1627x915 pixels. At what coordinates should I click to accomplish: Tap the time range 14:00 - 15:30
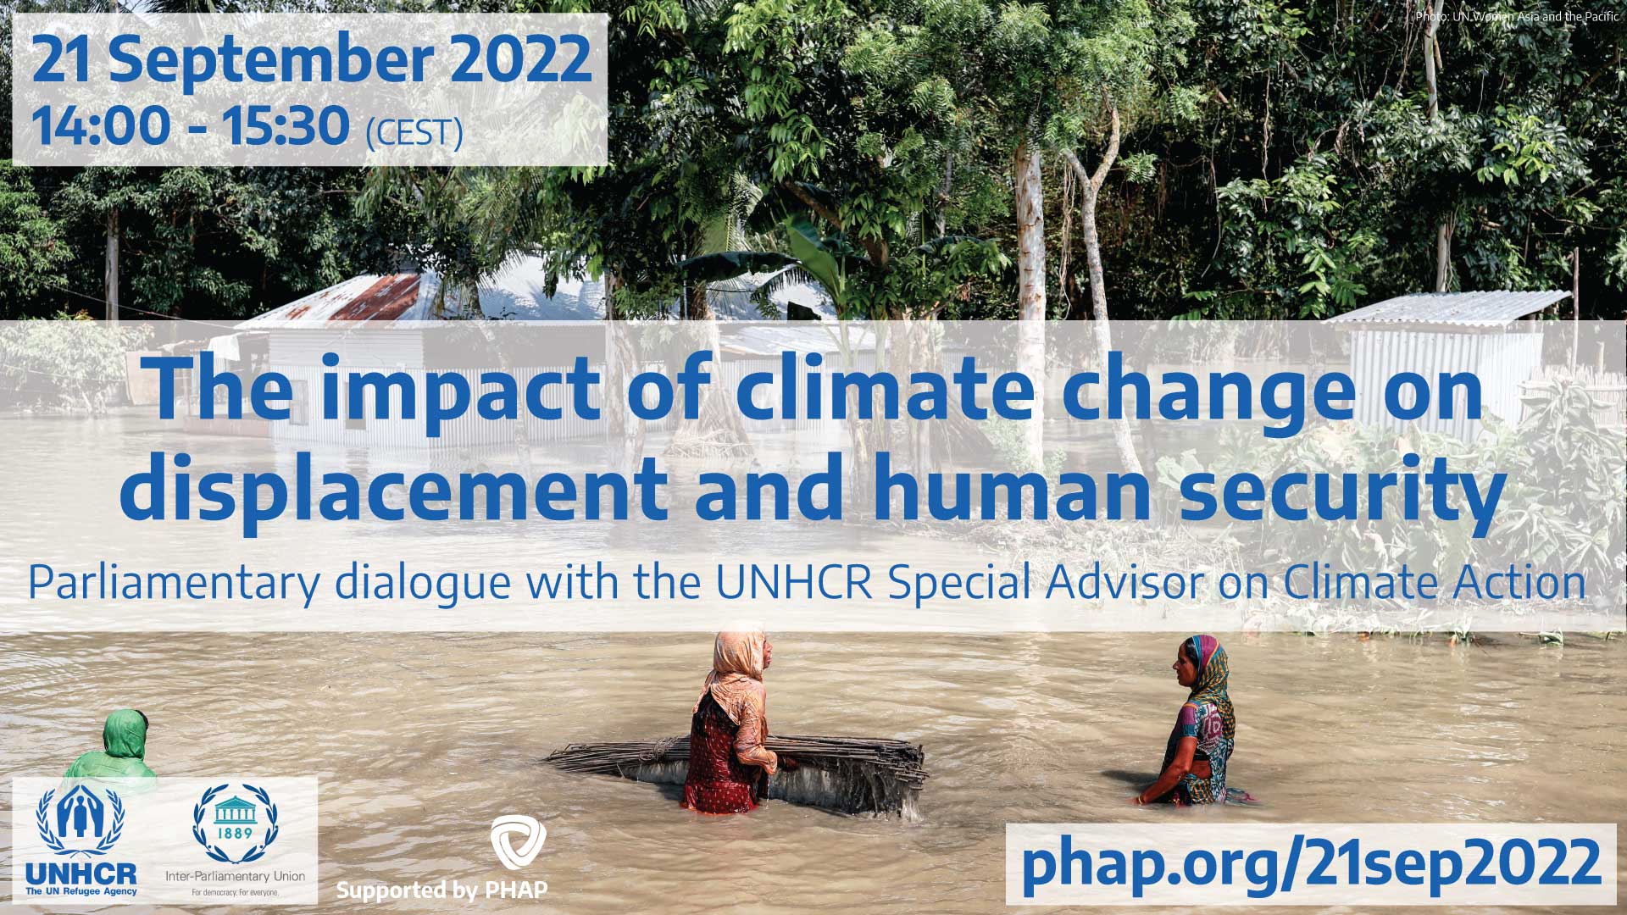191,125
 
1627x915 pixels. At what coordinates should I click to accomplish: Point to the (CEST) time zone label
414,133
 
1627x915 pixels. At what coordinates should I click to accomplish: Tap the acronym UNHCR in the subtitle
794,582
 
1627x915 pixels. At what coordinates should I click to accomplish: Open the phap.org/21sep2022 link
1311,863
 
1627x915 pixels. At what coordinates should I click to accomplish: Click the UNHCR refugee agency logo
81,839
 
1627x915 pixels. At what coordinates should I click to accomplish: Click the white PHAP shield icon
518,843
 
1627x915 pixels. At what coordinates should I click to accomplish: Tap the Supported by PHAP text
441,890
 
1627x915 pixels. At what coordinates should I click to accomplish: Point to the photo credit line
1516,16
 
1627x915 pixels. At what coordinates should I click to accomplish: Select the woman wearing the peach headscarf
730,720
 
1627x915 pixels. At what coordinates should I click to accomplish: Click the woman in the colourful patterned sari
1195,720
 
